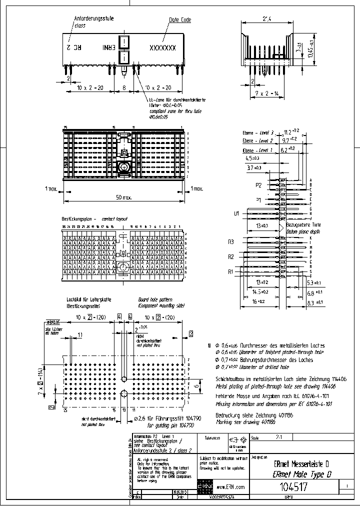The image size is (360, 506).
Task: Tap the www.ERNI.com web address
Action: pos(231,486)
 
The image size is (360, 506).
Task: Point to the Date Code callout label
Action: pos(180,20)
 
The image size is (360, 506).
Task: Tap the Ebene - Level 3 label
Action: pos(258,133)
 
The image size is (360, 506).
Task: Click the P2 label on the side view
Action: pos(259,185)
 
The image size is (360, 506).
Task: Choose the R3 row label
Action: pos(231,242)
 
